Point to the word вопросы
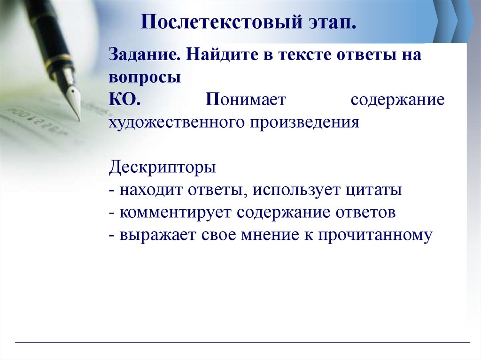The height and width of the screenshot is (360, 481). pyautogui.click(x=145, y=77)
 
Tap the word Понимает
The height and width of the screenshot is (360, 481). pyautogui.click(x=248, y=100)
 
